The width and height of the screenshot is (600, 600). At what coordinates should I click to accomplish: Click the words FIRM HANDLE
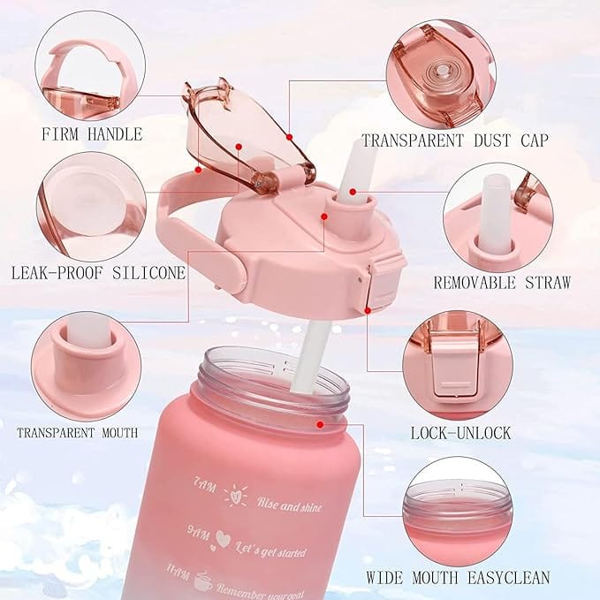(x=92, y=134)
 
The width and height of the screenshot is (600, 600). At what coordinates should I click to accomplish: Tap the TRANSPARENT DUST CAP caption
(x=455, y=141)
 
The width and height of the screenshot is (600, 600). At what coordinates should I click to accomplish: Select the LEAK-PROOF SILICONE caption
(x=98, y=273)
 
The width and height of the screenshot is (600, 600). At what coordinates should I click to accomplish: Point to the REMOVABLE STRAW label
(x=502, y=283)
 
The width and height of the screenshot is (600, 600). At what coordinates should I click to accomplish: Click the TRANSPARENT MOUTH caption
(x=77, y=433)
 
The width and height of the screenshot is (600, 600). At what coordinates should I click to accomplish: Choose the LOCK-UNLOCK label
(x=461, y=433)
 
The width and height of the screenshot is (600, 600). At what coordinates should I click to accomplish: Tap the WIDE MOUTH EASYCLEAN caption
(x=458, y=577)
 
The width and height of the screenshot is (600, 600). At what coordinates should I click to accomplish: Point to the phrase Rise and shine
(x=289, y=505)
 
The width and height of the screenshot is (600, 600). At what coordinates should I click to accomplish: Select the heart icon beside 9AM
(x=223, y=539)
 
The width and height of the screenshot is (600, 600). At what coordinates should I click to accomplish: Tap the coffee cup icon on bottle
(x=203, y=582)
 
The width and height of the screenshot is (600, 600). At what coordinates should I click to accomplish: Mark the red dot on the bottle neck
(x=320, y=424)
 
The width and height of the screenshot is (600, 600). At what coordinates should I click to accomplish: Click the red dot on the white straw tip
(x=353, y=192)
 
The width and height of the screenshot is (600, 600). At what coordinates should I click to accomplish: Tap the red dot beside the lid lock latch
(x=368, y=311)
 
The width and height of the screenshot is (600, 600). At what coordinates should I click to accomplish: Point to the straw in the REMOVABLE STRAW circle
(x=497, y=211)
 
